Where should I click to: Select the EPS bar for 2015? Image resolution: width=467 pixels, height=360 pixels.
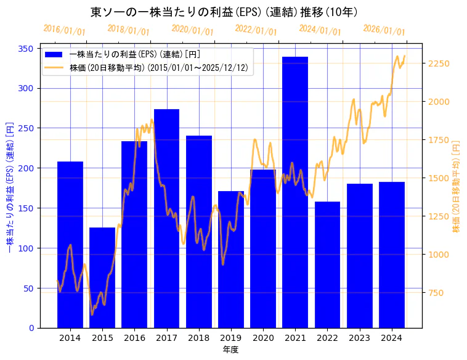[x=102, y=277]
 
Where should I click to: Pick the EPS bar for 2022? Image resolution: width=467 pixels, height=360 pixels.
[x=327, y=264]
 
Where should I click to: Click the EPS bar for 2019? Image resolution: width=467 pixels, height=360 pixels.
[x=231, y=259]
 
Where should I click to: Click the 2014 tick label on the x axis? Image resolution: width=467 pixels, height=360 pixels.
[x=70, y=338]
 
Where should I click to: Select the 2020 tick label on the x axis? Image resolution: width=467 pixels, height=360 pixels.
[x=263, y=338]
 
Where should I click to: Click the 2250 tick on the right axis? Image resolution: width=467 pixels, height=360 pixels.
[x=439, y=64]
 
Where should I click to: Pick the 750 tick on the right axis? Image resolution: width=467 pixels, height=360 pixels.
[x=436, y=293]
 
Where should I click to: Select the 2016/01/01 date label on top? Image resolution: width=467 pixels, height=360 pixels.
[x=65, y=30]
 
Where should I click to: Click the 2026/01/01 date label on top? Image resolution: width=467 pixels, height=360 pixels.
[x=384, y=30]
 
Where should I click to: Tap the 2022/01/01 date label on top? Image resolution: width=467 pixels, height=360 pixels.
[x=256, y=30]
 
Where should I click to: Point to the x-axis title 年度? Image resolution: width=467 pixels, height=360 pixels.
[x=230, y=350]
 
